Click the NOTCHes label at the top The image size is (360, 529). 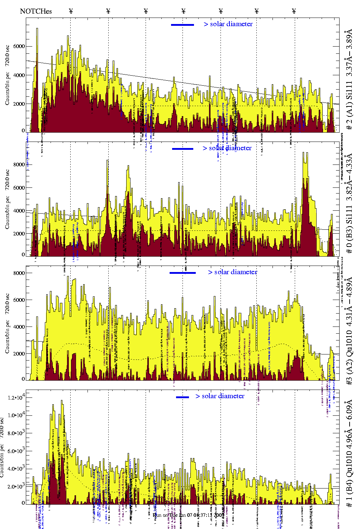(36, 11)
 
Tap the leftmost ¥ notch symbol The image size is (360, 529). (71, 11)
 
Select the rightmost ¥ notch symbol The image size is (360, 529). (294, 11)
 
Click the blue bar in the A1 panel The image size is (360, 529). (183, 25)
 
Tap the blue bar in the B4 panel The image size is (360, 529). (183, 397)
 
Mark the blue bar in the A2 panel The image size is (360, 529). (183, 273)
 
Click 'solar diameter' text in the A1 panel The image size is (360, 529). (231, 24)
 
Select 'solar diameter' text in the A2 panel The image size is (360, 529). (236, 272)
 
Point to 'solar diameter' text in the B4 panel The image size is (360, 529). (223, 396)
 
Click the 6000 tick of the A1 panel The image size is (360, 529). (19, 46)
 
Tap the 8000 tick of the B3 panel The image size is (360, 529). (19, 165)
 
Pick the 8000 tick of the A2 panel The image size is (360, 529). (19, 273)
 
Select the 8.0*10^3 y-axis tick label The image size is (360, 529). (16, 433)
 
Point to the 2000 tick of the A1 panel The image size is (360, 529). (19, 104)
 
